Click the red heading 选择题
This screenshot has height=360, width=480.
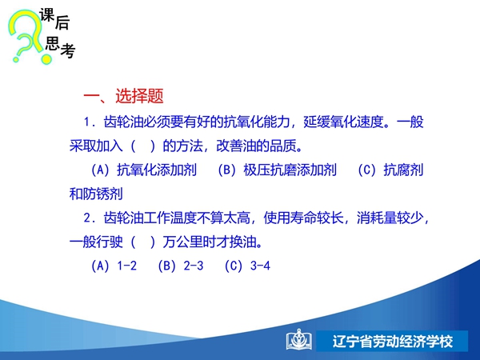[139, 96]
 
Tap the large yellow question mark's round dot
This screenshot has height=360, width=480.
[46, 59]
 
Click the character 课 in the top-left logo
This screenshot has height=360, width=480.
[47, 15]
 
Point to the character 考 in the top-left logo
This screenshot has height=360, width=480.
[68, 50]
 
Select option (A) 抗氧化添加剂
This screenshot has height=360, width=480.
[143, 170]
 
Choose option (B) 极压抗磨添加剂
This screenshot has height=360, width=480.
[277, 170]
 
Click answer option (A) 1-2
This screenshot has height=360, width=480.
[114, 266]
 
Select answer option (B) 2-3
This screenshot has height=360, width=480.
[180, 266]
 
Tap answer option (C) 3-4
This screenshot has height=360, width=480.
[247, 266]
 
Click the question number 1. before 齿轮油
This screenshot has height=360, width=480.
[90, 122]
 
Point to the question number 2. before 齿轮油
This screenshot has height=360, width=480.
[90, 218]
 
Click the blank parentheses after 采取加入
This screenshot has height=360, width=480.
[143, 146]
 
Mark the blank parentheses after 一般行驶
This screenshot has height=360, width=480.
[143, 242]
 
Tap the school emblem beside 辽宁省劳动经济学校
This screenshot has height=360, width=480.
[299, 340]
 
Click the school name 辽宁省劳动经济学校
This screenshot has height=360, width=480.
[393, 342]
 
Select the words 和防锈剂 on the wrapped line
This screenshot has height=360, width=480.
[96, 194]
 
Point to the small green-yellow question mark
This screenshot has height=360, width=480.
[23, 46]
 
